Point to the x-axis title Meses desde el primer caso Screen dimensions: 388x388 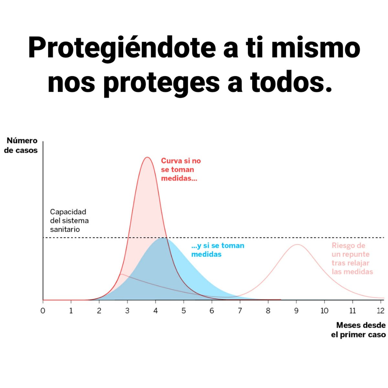tap(358, 330)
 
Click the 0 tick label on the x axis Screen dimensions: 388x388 tap(43, 311)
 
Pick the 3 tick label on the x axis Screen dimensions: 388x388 tap(127, 311)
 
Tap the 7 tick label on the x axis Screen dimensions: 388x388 tap(240, 311)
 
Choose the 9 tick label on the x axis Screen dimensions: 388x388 tap(296, 311)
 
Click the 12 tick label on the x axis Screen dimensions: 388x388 tap(381, 311)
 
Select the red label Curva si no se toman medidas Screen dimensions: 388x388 tap(180, 169)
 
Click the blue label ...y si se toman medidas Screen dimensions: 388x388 tap(217, 250)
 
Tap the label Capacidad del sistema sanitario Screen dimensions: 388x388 tap(69, 221)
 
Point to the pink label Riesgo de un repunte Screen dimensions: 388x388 tap(352, 259)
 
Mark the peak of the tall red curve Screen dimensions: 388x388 tap(147, 157)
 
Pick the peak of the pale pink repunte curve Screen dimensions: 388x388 tap(297, 244)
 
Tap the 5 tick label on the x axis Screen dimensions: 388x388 tap(184, 311)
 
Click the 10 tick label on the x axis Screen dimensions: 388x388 tap(324, 311)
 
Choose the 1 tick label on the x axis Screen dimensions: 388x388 tap(71, 311)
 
